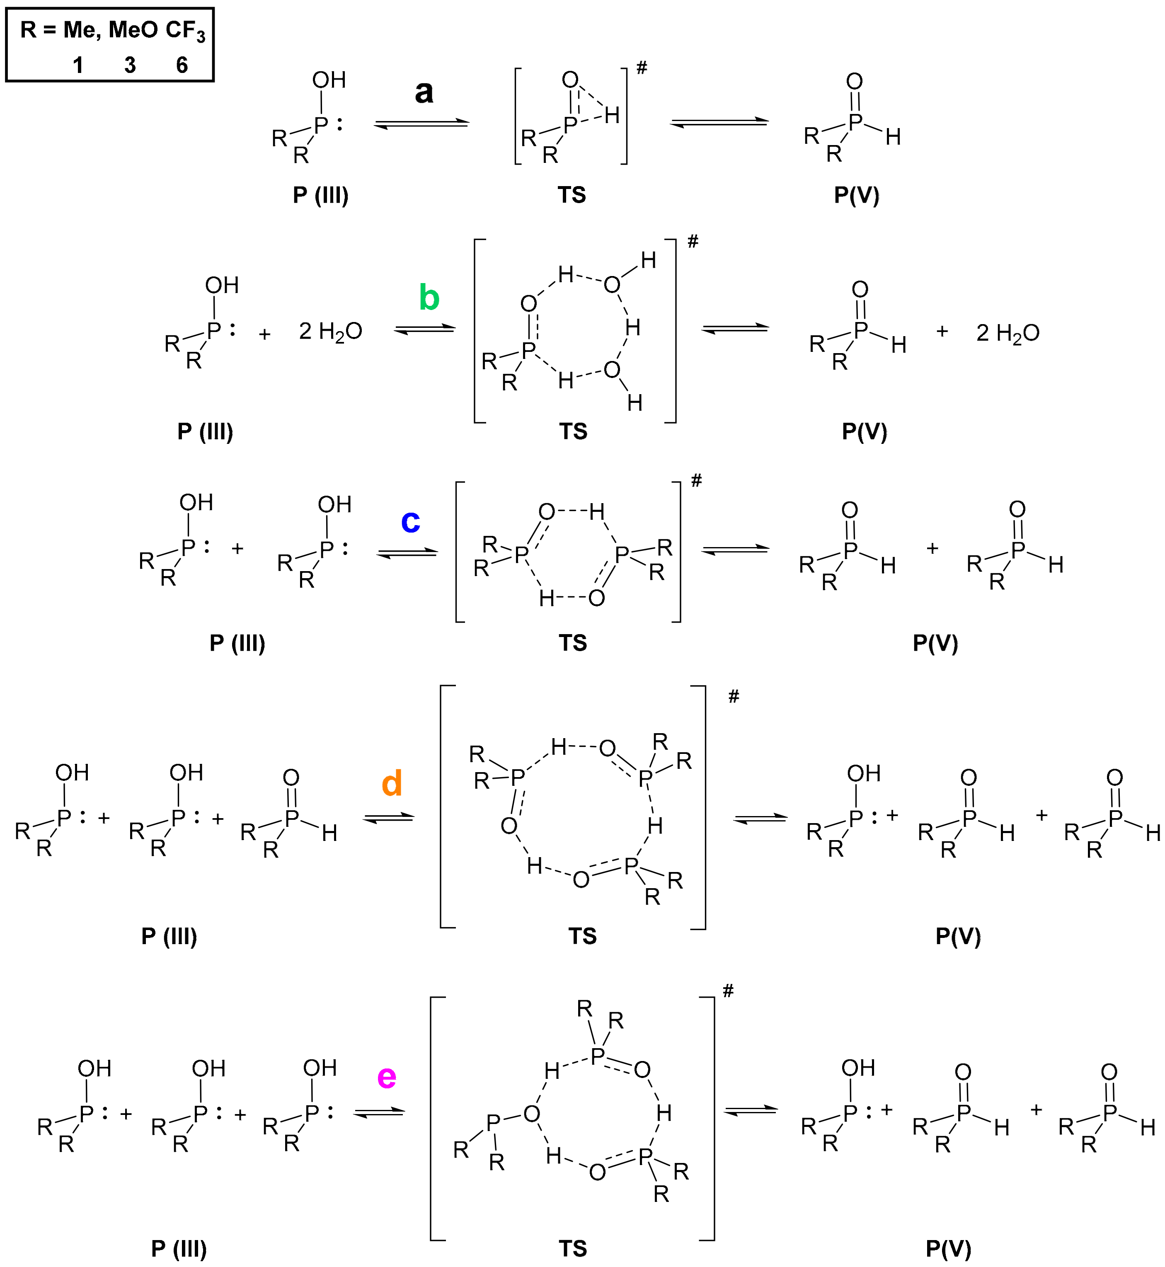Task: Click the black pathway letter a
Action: click(x=424, y=92)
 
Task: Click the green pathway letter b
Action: click(x=429, y=298)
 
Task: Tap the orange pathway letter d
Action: click(x=392, y=783)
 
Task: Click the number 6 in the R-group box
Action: click(x=182, y=65)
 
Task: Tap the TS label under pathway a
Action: click(x=572, y=195)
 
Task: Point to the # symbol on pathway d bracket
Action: click(x=733, y=697)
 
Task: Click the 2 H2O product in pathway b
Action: click(x=1008, y=333)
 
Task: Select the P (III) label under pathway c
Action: click(x=237, y=643)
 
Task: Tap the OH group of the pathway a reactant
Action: click(x=328, y=80)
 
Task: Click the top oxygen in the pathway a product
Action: click(x=854, y=81)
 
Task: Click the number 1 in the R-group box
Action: click(x=78, y=65)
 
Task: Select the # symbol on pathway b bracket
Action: click(x=693, y=242)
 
